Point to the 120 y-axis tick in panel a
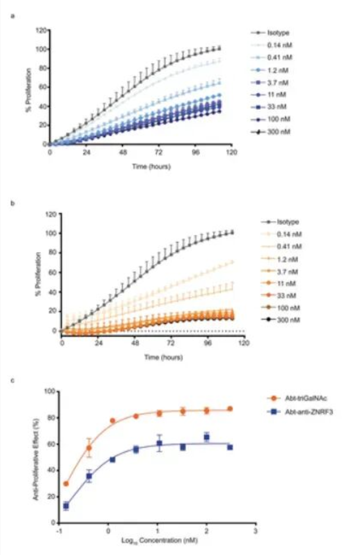click(40, 30)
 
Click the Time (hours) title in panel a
click(140, 167)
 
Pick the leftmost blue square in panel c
click(66, 506)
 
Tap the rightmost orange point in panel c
click(230, 409)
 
